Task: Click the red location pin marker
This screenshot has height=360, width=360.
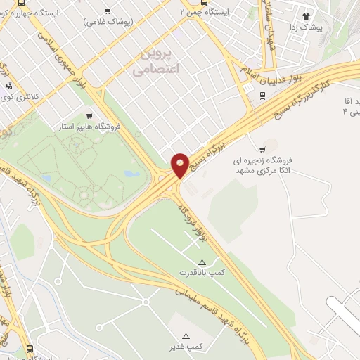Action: pyautogui.click(x=180, y=165)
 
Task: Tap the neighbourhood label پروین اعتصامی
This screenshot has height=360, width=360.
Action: pyautogui.click(x=156, y=62)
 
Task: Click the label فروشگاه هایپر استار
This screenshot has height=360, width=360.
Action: pyautogui.click(x=89, y=127)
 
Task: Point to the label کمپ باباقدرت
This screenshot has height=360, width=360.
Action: pyautogui.click(x=202, y=271)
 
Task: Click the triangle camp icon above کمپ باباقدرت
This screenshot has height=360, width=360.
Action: pyautogui.click(x=202, y=262)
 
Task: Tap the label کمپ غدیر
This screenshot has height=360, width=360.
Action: pyautogui.click(x=186, y=347)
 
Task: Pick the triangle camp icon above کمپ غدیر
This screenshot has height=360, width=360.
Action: pyautogui.click(x=186, y=336)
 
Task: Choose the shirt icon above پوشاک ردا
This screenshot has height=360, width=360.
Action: pyautogui.click(x=305, y=15)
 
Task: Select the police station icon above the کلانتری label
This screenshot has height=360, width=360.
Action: pyautogui.click(x=8, y=87)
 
